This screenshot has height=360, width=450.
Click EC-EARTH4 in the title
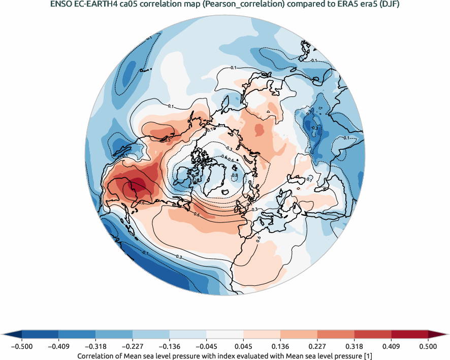point(94,5)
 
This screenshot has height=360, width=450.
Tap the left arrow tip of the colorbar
point(4,334)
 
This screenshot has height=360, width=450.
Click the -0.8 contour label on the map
point(234,175)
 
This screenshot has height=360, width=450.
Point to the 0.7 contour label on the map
point(309,179)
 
